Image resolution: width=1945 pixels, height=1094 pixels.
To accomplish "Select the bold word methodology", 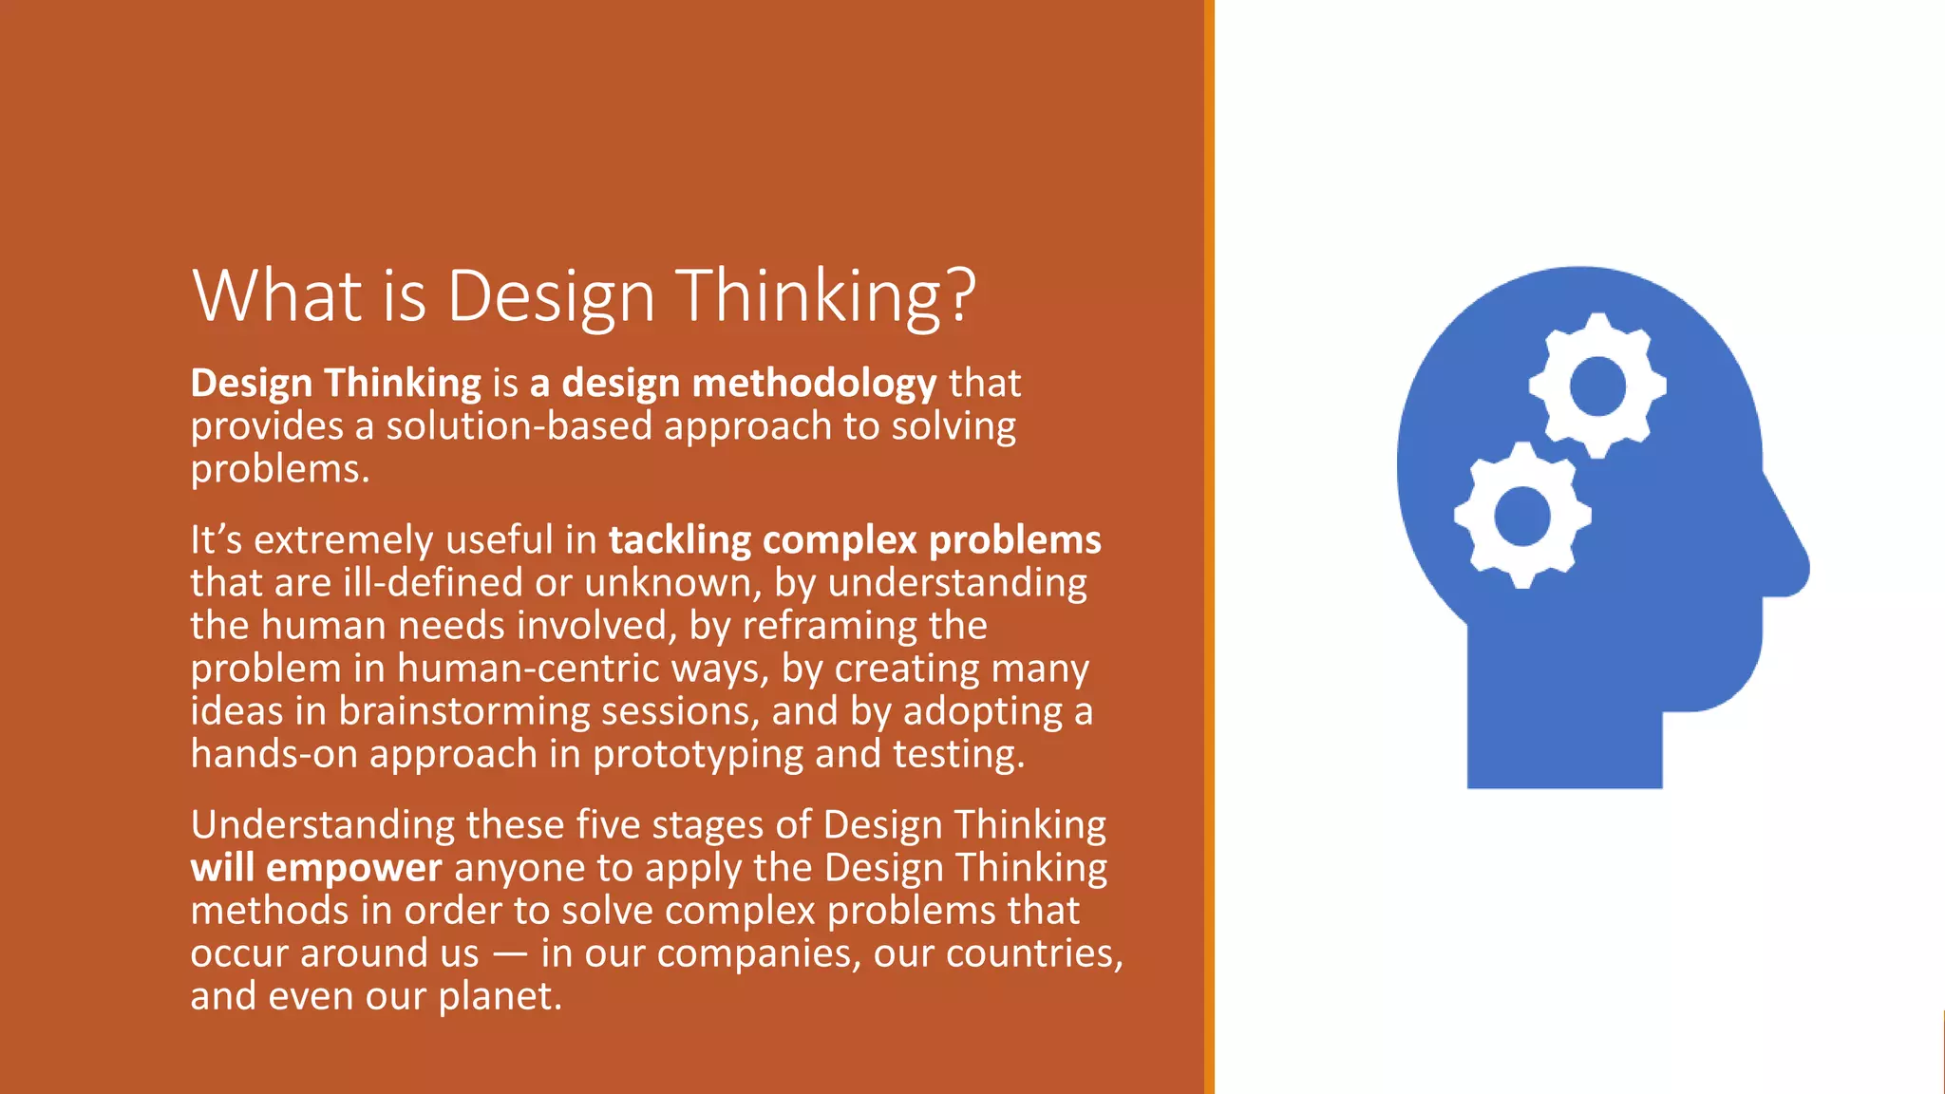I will [x=815, y=383].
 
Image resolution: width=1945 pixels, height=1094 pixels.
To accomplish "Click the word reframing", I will [x=829, y=626].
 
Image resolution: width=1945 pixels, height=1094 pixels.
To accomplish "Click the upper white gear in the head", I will [x=1597, y=386].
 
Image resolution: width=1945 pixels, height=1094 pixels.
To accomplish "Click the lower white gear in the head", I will [x=1522, y=516].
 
